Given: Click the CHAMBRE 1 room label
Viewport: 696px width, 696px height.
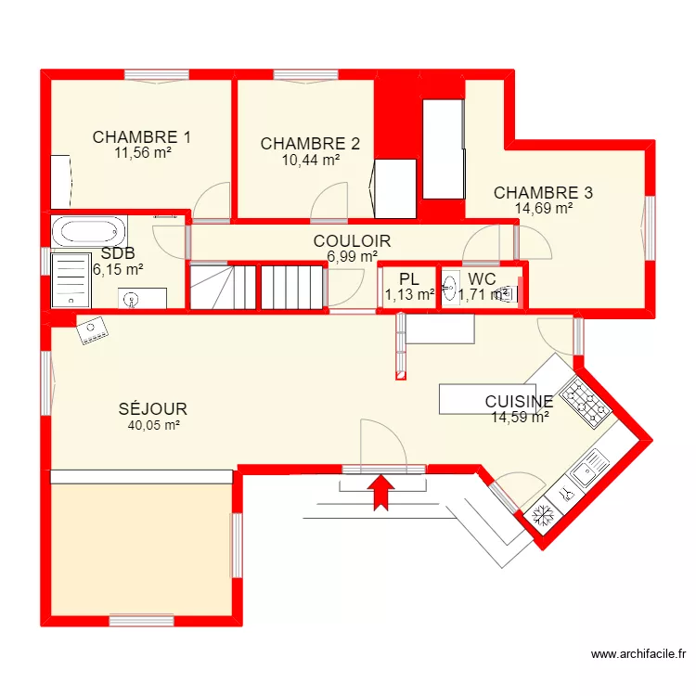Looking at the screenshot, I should click(x=142, y=138).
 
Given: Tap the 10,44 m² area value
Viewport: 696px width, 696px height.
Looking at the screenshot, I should click(x=311, y=160).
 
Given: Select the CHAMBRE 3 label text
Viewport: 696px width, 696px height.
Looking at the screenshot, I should click(x=543, y=193).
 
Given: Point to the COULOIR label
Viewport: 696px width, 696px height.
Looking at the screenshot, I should click(x=352, y=241).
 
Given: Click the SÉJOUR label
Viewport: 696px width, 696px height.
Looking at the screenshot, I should click(x=153, y=409).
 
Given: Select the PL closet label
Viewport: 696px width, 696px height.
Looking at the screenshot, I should click(x=409, y=279).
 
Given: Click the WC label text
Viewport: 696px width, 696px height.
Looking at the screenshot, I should click(x=482, y=279).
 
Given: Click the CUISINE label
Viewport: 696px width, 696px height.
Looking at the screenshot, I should click(x=520, y=402).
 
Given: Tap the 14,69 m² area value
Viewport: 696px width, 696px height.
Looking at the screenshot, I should click(x=543, y=209).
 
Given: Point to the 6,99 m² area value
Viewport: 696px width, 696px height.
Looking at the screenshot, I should click(x=352, y=257).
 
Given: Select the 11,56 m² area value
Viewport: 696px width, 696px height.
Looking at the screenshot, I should click(x=142, y=154).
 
